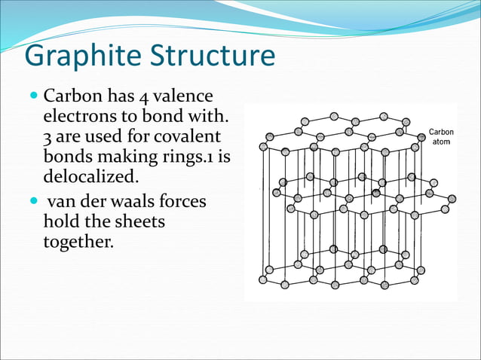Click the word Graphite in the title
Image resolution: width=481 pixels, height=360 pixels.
point(74,58)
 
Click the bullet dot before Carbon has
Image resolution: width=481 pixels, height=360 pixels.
point(32,99)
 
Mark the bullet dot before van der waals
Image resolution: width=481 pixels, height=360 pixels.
point(32,204)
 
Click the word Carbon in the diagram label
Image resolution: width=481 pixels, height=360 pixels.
point(441,132)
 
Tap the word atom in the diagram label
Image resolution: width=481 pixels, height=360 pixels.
point(441,142)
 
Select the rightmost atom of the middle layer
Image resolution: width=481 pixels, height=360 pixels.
point(452,200)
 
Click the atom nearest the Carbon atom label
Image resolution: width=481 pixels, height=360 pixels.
point(421,137)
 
